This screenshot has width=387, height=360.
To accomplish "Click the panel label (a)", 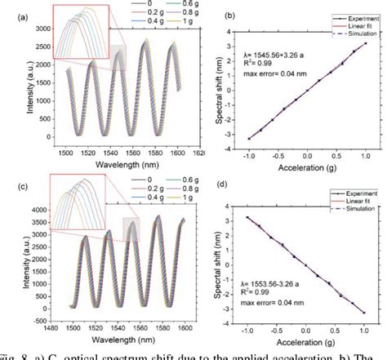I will [x=10, y=14].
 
